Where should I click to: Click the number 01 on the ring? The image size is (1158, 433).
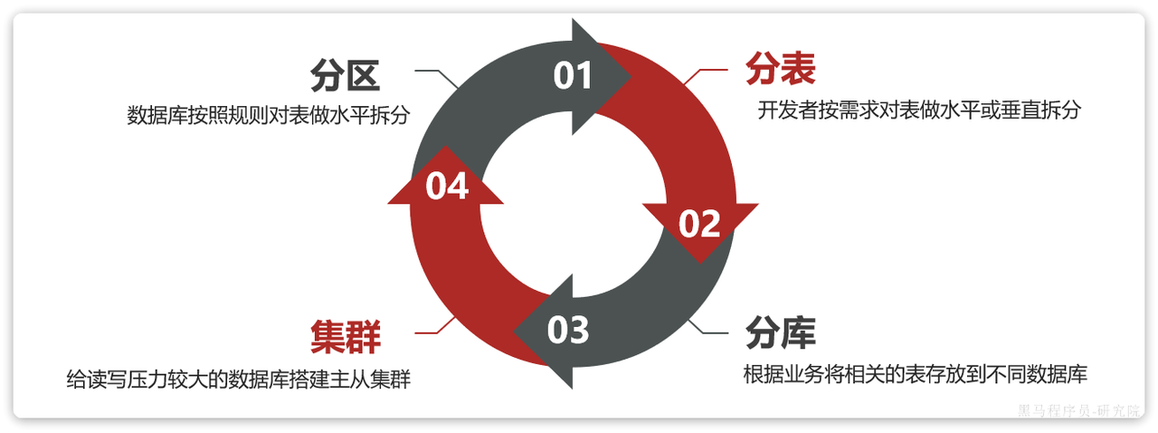click(x=573, y=76)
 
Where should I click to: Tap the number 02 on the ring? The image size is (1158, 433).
click(x=699, y=224)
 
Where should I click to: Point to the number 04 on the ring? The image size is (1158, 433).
click(x=447, y=187)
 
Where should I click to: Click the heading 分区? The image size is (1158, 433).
click(x=344, y=76)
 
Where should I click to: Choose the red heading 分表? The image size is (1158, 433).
click(x=780, y=68)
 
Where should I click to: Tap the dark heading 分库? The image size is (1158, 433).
click(x=780, y=333)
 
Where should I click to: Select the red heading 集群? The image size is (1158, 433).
click(x=345, y=336)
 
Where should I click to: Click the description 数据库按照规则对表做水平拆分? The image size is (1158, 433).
click(x=269, y=116)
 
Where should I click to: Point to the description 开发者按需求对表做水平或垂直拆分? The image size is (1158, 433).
click(x=919, y=111)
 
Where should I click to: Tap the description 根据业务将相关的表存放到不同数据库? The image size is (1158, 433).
click(x=914, y=373)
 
